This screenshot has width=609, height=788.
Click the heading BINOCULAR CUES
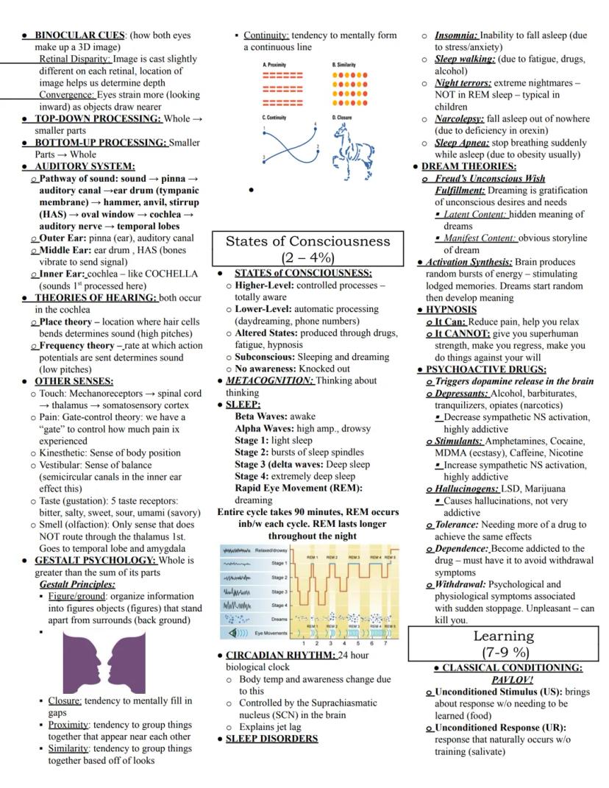80,35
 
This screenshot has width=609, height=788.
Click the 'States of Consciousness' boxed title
307,249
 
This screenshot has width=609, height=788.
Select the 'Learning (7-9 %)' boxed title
504,644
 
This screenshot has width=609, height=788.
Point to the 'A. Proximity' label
275,65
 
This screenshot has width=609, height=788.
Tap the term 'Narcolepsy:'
459,118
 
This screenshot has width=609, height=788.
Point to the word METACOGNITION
269,380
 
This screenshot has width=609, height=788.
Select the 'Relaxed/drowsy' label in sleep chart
271,550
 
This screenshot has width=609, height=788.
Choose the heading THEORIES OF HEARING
96,297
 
